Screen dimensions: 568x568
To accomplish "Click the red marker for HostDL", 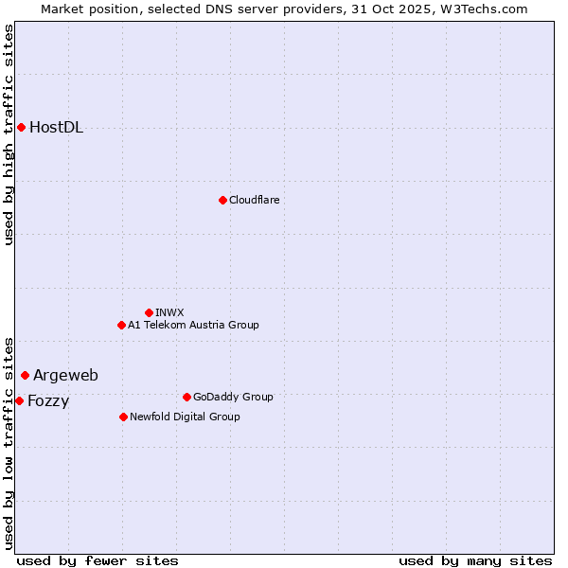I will [21, 127].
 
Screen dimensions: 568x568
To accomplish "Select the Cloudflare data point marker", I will [222, 200].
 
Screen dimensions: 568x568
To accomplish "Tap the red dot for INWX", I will [149, 312].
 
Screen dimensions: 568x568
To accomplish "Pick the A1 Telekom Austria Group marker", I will [121, 325].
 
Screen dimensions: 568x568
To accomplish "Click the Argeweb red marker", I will [25, 375].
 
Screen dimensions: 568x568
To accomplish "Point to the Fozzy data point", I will [19, 400].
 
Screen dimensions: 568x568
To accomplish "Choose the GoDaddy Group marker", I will [186, 397].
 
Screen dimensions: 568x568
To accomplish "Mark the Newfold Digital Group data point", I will [123, 417].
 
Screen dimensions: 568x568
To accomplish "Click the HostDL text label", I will [56, 128].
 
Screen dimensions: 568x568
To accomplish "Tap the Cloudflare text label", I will [254, 200].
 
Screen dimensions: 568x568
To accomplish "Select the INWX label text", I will [169, 312].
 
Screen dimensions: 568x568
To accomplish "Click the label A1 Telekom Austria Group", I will [193, 325].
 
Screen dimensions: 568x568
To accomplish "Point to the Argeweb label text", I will [65, 376].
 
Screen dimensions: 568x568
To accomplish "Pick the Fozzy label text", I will [48, 401].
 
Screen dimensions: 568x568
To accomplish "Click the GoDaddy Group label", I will [233, 397].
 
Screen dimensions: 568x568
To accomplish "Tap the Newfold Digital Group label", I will [185, 417].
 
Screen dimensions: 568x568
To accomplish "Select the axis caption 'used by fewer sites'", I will [98, 560].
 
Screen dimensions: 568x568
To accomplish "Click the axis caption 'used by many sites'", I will [475, 560].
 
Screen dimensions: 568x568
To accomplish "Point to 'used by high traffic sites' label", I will [9, 134].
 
